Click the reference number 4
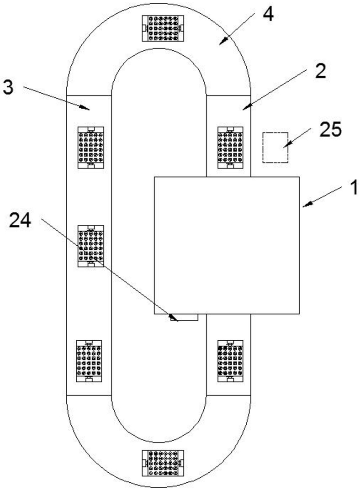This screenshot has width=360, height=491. coord(268,15)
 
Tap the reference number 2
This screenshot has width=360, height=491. coord(320,71)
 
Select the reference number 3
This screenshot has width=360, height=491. coord(9,87)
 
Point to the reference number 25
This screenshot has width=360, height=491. coord(330,129)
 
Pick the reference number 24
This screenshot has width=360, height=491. coord(20,220)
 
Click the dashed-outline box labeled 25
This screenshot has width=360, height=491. coord(275,148)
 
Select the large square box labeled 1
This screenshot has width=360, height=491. coord(227,245)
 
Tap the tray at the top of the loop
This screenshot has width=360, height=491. coord(163,28)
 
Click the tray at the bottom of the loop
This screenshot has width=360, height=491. coord(163,463)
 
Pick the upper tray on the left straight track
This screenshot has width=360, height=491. coord(90,148)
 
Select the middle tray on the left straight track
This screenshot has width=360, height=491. coord(90,246)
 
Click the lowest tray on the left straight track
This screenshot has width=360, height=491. coord(89,361)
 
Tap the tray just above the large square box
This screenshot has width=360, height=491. coord(230,148)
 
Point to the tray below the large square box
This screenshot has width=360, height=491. coord(230,361)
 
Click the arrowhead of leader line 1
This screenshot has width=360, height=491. coord(307,205)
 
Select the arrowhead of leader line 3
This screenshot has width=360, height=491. coord(85,107)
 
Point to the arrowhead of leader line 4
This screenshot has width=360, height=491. coord(222,41)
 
